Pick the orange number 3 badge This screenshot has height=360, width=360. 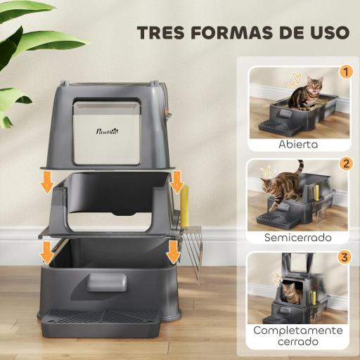coord(344,257)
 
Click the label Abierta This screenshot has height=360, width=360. coord(297,145)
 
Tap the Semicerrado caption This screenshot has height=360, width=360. coord(298,238)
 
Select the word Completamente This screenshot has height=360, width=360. coord(298,330)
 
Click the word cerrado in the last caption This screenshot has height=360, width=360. coord(298,343)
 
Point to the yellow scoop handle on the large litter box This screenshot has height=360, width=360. coord(185,204)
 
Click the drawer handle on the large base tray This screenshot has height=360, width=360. coord(107,283)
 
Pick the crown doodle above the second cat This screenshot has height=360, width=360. coord(267,170)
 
